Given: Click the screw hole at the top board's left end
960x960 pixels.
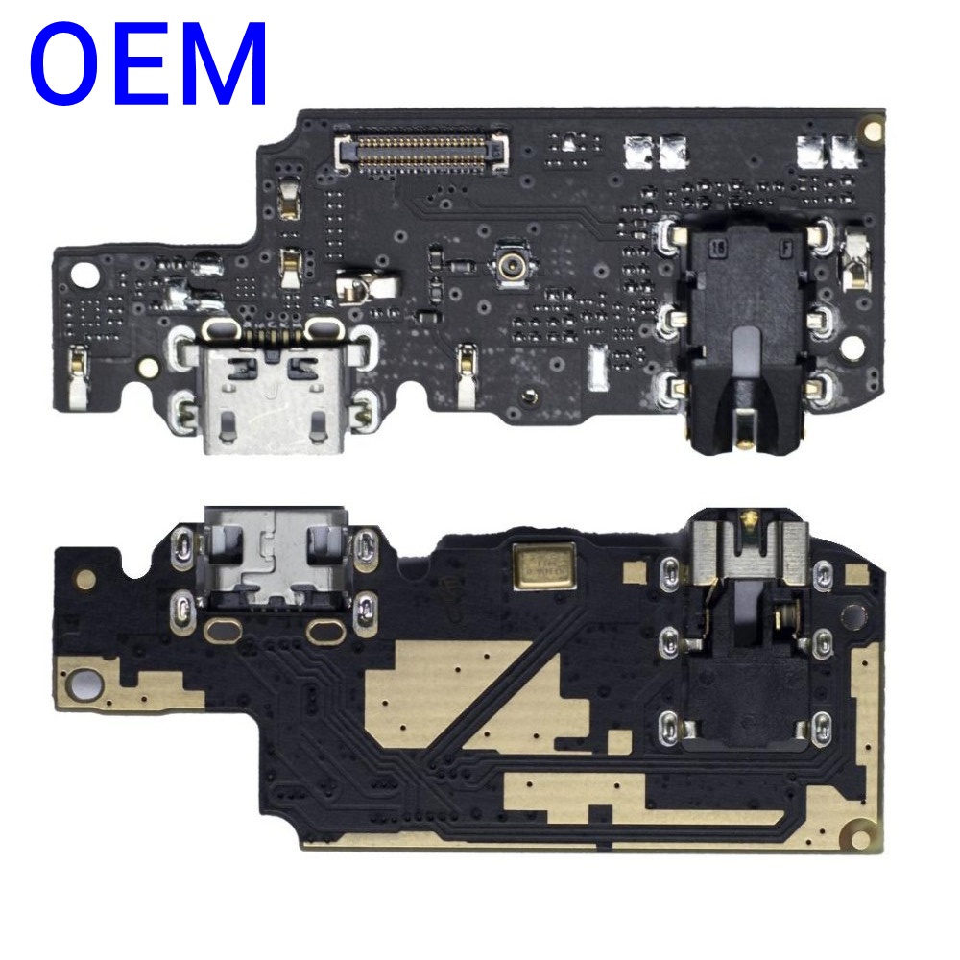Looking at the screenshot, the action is pos(84,275).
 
